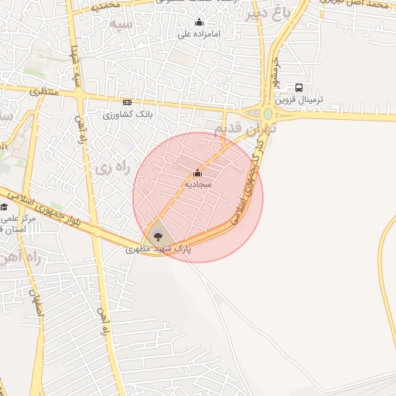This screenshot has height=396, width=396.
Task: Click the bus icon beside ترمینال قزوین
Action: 299,88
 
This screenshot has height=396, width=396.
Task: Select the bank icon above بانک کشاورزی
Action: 127,102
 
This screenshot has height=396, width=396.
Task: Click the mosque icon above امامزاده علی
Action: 199,22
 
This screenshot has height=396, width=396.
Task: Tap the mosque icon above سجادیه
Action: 197,172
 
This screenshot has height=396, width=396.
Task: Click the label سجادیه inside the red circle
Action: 197,185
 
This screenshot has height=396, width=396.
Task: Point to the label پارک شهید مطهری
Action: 159,250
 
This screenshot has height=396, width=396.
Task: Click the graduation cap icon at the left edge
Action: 4,207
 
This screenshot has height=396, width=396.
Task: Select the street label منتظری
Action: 43,90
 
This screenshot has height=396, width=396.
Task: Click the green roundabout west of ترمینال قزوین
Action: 268,114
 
